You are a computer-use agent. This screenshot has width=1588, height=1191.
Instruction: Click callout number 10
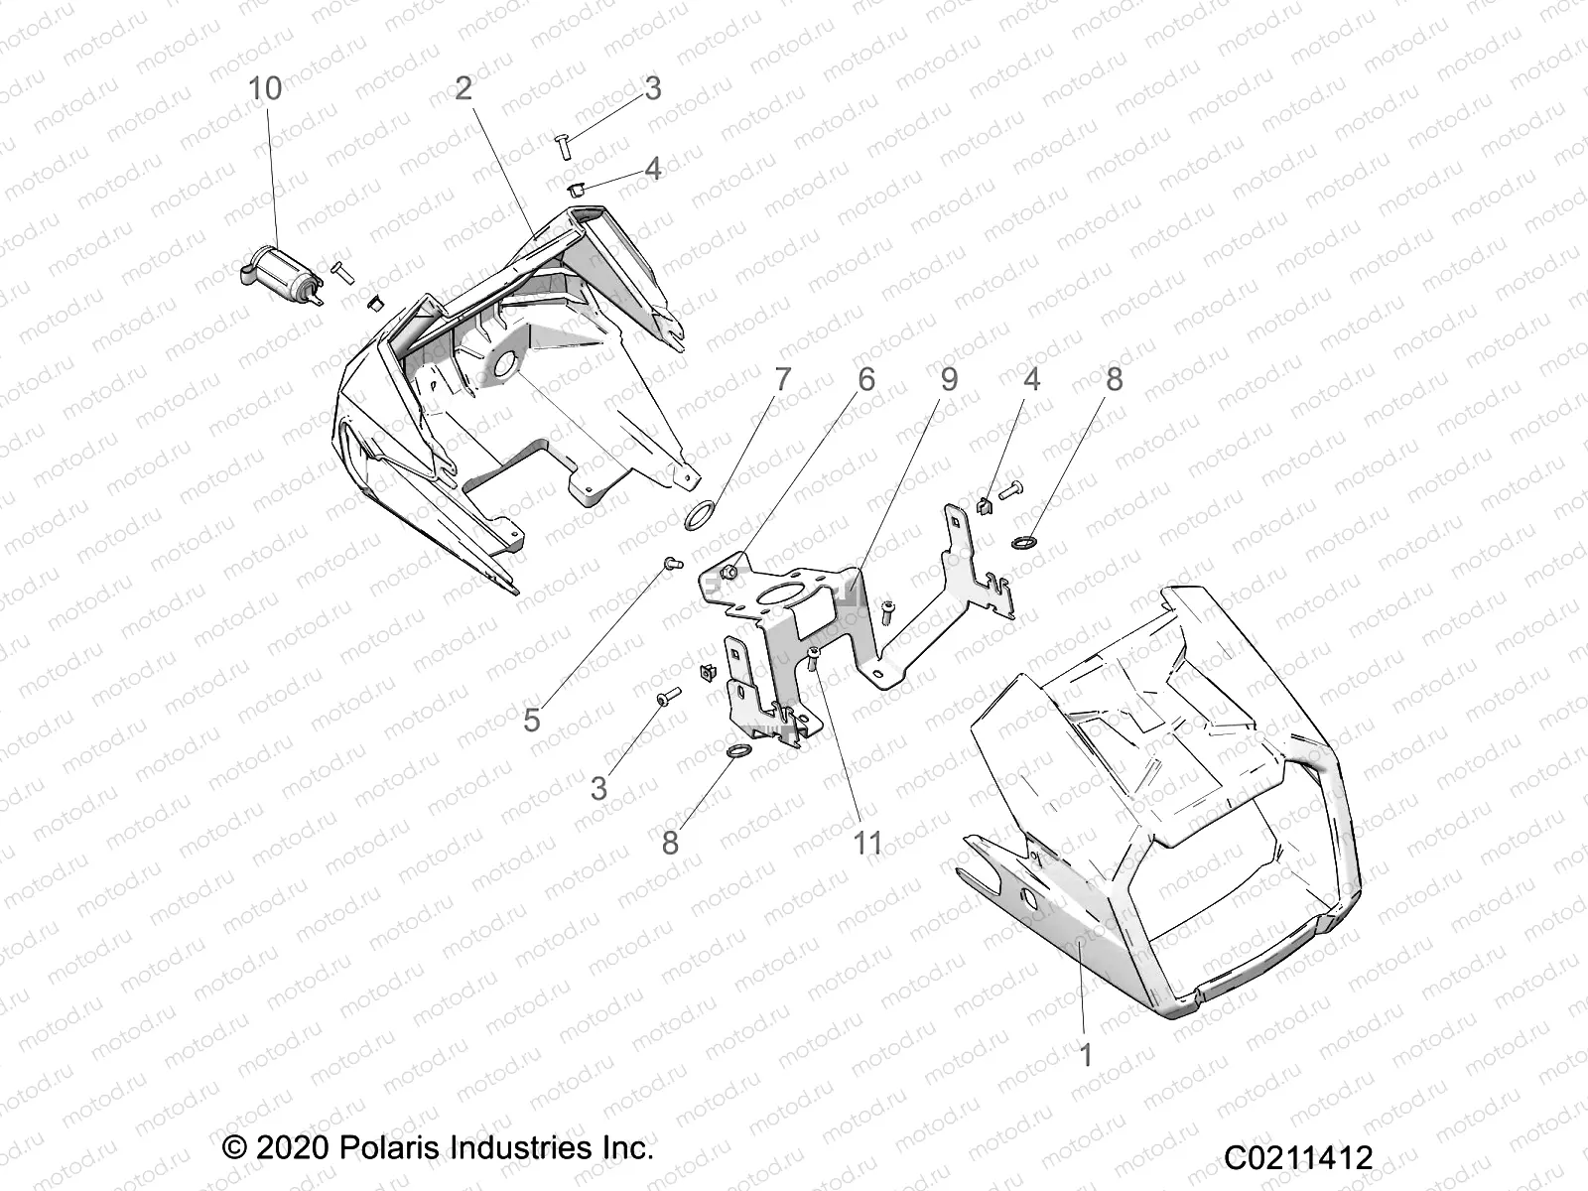(x=265, y=88)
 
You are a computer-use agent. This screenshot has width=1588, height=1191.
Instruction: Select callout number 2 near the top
(x=463, y=88)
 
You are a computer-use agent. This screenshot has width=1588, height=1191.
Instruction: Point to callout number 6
(x=866, y=379)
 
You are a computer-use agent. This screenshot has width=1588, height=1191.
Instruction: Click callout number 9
(x=949, y=379)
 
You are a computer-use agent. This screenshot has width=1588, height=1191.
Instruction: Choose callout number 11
(x=868, y=844)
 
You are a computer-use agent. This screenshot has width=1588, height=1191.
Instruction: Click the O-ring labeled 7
(x=701, y=515)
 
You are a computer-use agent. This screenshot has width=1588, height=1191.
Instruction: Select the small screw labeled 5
(x=667, y=563)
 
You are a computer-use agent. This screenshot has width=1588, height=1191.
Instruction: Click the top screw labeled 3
(x=561, y=145)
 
